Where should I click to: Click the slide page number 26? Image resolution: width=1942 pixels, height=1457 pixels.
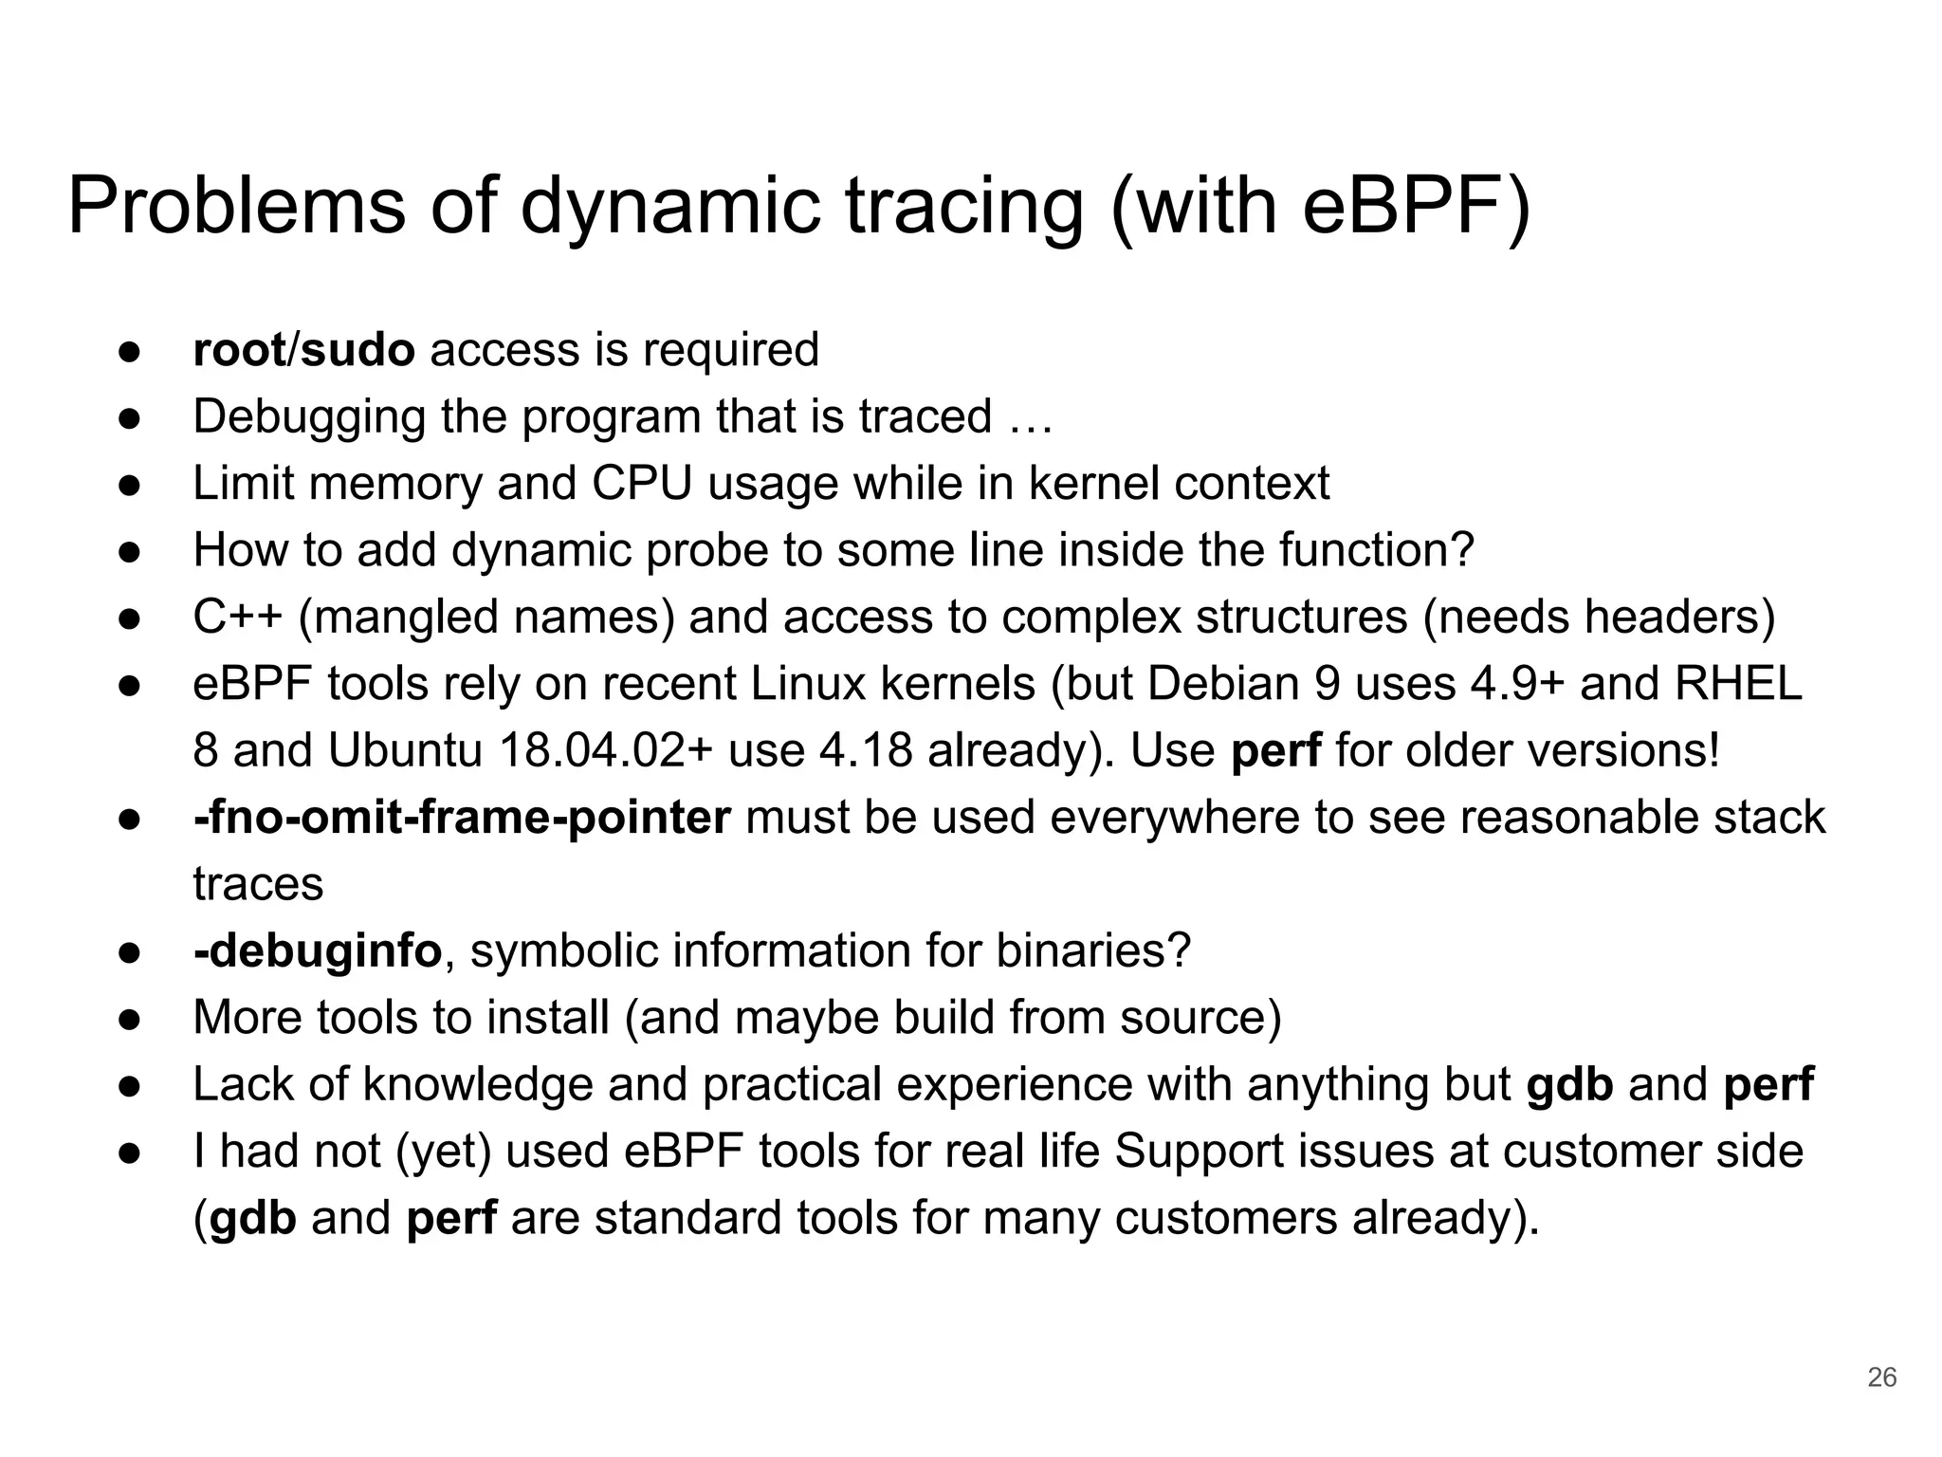(x=1881, y=1376)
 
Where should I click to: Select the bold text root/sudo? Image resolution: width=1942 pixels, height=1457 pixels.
(x=303, y=350)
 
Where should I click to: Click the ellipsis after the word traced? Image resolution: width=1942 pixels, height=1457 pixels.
(x=1031, y=417)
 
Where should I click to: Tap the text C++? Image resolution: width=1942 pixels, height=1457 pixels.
(x=237, y=618)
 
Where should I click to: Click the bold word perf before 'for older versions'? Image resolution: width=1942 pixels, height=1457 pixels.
(x=1275, y=751)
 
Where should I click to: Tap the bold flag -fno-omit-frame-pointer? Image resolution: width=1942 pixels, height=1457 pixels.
(x=462, y=818)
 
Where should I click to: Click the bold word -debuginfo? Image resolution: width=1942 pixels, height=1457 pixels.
(x=318, y=951)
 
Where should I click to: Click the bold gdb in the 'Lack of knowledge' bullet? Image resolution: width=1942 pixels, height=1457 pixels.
(x=1569, y=1085)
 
